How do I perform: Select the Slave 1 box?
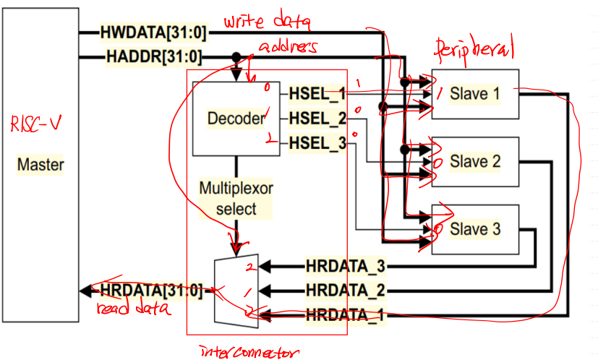click(474, 93)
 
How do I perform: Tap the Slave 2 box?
click(474, 161)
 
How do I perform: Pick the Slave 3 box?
click(474, 229)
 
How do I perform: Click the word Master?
click(40, 165)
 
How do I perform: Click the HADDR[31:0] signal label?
click(154, 56)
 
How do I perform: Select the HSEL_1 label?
click(317, 93)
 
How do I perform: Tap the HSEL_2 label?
click(317, 118)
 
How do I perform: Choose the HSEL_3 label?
click(317, 143)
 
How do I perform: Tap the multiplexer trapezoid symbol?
click(236, 289)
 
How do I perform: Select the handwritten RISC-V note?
click(35, 124)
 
